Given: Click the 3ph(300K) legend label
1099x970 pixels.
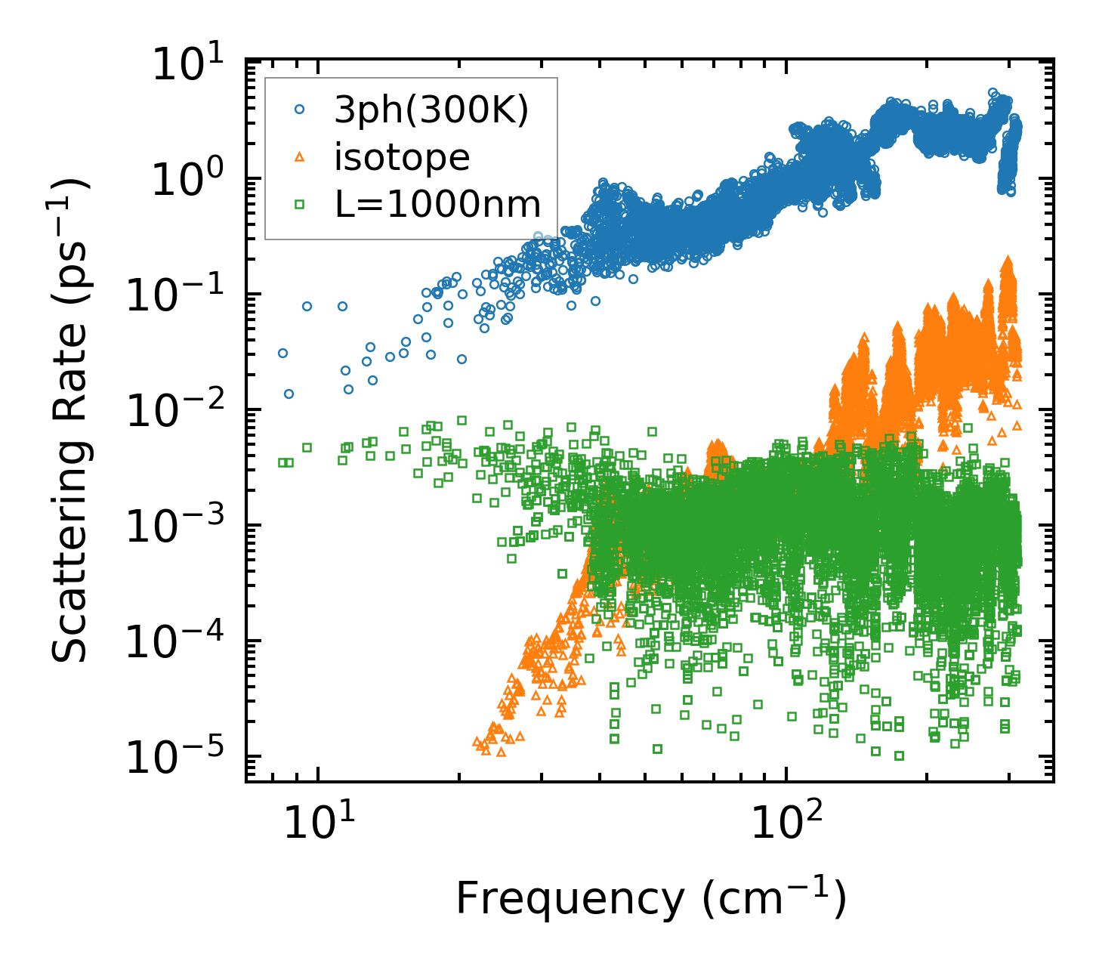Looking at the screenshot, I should [x=431, y=111].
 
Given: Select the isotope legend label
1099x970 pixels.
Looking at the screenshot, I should [x=402, y=157].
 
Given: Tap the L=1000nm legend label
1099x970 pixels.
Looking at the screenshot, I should [x=438, y=204].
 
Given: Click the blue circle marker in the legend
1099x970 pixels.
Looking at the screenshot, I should [x=300, y=110].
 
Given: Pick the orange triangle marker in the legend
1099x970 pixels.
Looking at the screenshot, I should [x=300, y=157].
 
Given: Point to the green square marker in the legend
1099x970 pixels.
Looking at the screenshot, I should [x=300, y=204].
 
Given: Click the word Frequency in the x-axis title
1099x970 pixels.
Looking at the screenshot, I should [x=569, y=899].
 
